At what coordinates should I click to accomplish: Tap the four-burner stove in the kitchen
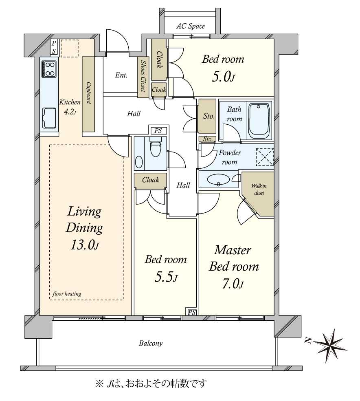(x=48, y=69)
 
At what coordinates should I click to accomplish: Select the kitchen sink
(x=49, y=118)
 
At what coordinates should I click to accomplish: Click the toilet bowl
(x=155, y=148)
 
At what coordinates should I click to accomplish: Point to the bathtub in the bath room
(x=259, y=121)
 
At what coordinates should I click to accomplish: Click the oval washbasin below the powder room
(x=218, y=180)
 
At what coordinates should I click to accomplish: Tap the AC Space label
(x=190, y=26)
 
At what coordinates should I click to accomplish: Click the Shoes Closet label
(x=143, y=76)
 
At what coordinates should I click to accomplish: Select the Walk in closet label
(x=259, y=189)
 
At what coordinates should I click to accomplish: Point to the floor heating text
(x=67, y=293)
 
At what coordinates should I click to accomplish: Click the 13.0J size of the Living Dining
(x=84, y=245)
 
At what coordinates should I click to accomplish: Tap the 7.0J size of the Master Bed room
(x=233, y=284)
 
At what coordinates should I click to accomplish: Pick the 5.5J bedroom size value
(x=166, y=277)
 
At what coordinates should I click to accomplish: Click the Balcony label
(x=151, y=343)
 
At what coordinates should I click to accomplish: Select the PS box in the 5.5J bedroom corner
(x=192, y=312)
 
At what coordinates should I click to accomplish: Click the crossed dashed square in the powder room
(x=265, y=157)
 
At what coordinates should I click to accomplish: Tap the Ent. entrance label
(x=121, y=75)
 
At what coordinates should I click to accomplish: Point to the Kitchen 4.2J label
(x=70, y=107)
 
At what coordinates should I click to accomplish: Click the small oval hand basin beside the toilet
(x=139, y=162)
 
